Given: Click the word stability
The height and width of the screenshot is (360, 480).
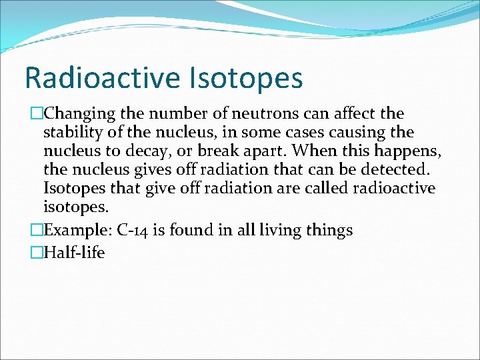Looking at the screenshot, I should pyautogui.click(x=72, y=132).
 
